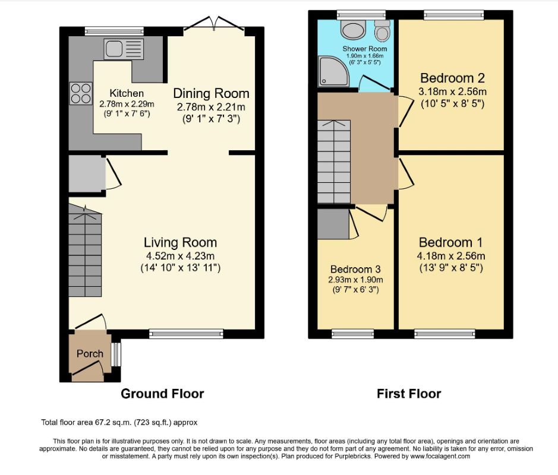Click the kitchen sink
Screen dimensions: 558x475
pyautogui.click(x=124, y=49)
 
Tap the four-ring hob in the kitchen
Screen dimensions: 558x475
pyautogui.click(x=80, y=93)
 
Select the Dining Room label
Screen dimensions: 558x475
pyautogui.click(x=211, y=93)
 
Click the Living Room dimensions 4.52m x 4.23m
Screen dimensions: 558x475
pyautogui.click(x=180, y=256)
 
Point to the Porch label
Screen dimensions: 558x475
pyautogui.click(x=90, y=354)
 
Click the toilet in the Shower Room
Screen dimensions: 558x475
pyautogui.click(x=383, y=30)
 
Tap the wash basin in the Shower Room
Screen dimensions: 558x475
pyautogui.click(x=353, y=29)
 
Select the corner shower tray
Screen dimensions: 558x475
pyautogui.click(x=333, y=71)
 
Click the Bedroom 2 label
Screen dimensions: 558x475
pyautogui.click(x=452, y=78)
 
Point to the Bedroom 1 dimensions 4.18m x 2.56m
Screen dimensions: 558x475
pyautogui.click(x=451, y=256)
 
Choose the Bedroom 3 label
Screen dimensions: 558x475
pyautogui.click(x=355, y=269)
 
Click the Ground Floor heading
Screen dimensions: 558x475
pyautogui.click(x=162, y=394)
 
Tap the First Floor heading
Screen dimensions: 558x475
pyautogui.click(x=409, y=394)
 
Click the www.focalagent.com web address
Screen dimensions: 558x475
pyautogui.click(x=440, y=456)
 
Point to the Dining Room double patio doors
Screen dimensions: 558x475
pyautogui.click(x=214, y=26)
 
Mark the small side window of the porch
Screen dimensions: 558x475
pyautogui.click(x=116, y=354)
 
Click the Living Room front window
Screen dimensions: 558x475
pyautogui.click(x=186, y=334)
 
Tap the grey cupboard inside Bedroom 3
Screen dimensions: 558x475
pyautogui.click(x=333, y=224)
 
